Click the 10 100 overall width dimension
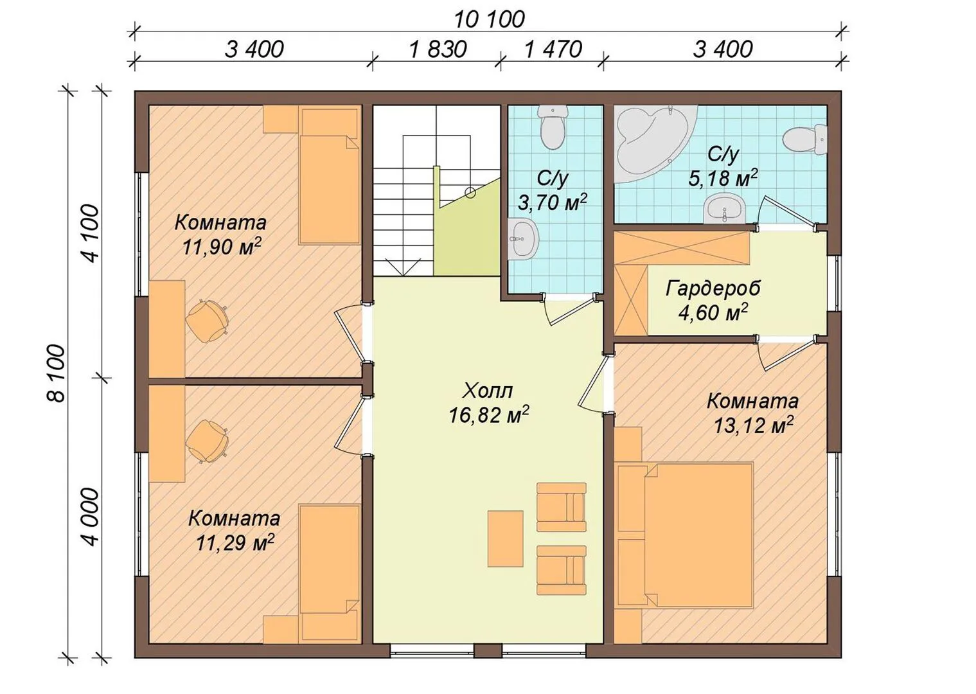tap(490, 20)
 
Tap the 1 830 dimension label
tap(438, 49)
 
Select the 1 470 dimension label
tap(553, 49)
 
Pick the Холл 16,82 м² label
tap(488, 403)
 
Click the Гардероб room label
tap(713, 288)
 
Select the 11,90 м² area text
tap(222, 247)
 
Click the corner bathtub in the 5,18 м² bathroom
tap(652, 144)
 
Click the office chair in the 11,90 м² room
tap(207, 321)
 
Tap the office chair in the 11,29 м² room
tap(207, 441)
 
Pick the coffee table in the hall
tap(505, 538)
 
